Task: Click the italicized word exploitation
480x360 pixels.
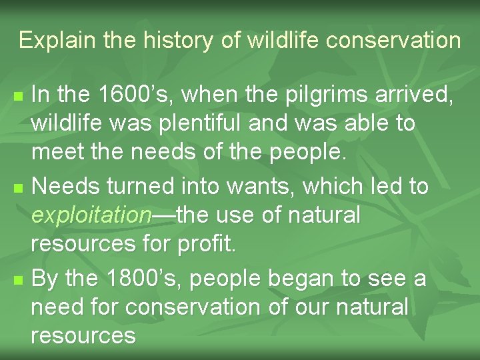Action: coord(92,215)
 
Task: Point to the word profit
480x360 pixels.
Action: coord(206,243)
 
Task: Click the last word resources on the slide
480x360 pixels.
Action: coord(83,335)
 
